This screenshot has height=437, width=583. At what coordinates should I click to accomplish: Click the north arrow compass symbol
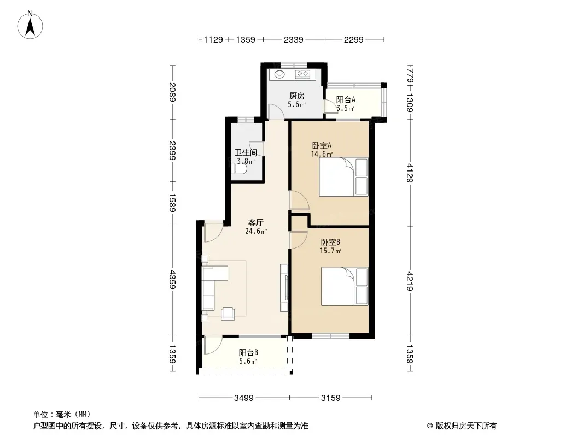(30, 25)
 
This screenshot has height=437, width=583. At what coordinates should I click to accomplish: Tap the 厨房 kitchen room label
(297, 96)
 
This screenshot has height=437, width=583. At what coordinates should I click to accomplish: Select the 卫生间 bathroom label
(246, 152)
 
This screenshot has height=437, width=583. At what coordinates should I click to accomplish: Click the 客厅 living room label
(256, 223)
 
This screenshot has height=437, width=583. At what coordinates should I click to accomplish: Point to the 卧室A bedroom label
(322, 145)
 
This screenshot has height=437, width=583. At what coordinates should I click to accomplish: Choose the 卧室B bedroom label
(330, 243)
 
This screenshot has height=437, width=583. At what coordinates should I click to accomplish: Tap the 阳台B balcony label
(248, 353)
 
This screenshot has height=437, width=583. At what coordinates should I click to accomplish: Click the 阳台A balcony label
(346, 99)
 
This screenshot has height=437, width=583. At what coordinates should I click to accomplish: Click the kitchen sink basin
(279, 75)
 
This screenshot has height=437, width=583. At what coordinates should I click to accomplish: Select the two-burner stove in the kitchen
(302, 74)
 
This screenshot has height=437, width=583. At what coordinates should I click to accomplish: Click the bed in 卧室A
(343, 177)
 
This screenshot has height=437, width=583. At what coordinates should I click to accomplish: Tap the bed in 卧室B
(345, 286)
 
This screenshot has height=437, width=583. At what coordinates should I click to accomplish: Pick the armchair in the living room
(228, 314)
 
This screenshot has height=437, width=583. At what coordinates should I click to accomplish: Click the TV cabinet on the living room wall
(284, 288)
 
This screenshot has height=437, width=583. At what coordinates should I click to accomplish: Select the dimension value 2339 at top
(293, 39)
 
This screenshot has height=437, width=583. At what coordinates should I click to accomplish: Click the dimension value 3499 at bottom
(243, 398)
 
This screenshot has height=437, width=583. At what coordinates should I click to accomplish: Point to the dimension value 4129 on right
(410, 173)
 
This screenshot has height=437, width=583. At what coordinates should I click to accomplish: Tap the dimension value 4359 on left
(172, 280)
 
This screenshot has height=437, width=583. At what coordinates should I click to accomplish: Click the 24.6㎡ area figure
(256, 231)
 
